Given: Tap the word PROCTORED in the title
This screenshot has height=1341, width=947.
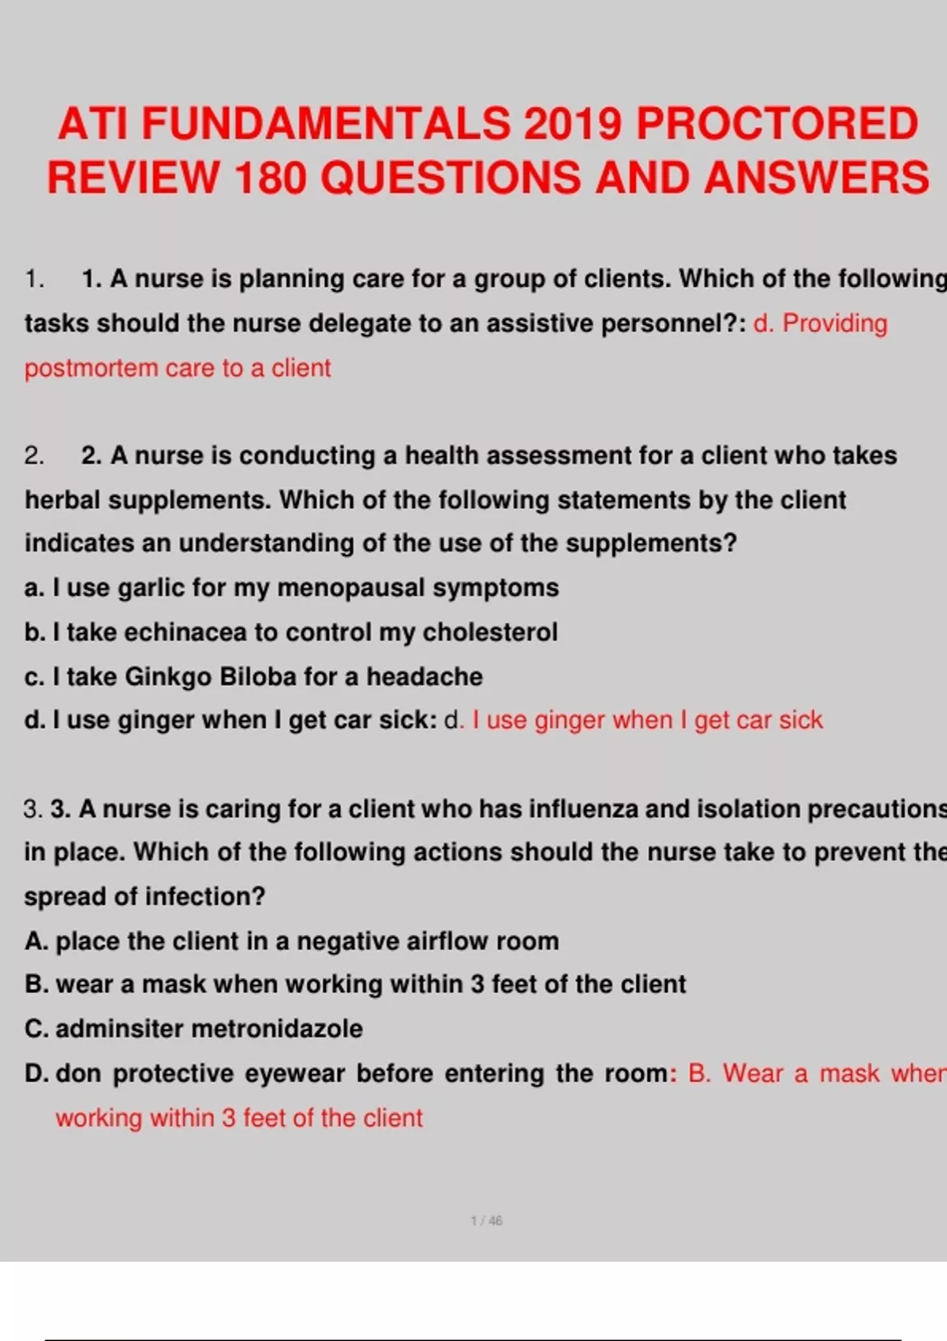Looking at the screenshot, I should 777,124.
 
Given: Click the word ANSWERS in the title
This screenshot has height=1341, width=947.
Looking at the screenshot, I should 817,177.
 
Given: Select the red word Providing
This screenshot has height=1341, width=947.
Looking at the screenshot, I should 834,323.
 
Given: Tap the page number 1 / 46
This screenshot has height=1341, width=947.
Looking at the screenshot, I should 486,1220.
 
